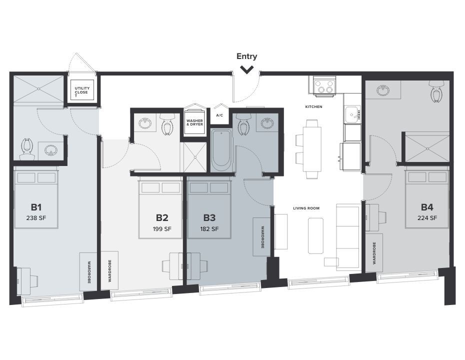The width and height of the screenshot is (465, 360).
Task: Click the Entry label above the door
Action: click(x=247, y=56)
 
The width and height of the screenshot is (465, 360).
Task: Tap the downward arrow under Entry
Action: click(x=247, y=69)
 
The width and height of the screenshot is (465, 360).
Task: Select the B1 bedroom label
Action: click(x=36, y=207)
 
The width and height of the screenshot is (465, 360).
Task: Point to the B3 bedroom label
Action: click(x=209, y=218)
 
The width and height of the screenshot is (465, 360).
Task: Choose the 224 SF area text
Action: click(x=427, y=217)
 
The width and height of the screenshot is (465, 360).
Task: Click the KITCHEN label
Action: click(x=313, y=107)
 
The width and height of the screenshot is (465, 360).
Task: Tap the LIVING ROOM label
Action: click(x=306, y=208)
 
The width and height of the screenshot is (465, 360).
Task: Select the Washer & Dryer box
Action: click(x=194, y=121)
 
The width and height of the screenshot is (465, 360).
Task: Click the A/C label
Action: click(x=219, y=115)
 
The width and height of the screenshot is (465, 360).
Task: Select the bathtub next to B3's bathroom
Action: click(x=221, y=149)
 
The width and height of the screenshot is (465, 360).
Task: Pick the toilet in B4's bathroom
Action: click(x=437, y=91)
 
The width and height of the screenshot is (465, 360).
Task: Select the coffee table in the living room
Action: click(x=315, y=235)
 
